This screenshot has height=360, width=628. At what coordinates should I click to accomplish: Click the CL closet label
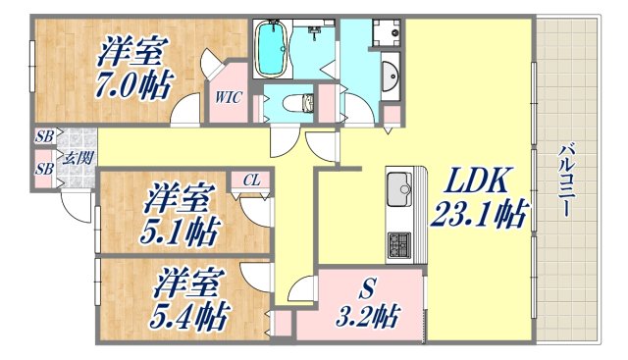(x=252, y=179)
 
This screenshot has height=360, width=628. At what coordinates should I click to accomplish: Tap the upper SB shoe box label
(x=44, y=137)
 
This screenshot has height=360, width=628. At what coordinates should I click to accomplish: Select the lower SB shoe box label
(x=44, y=169)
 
